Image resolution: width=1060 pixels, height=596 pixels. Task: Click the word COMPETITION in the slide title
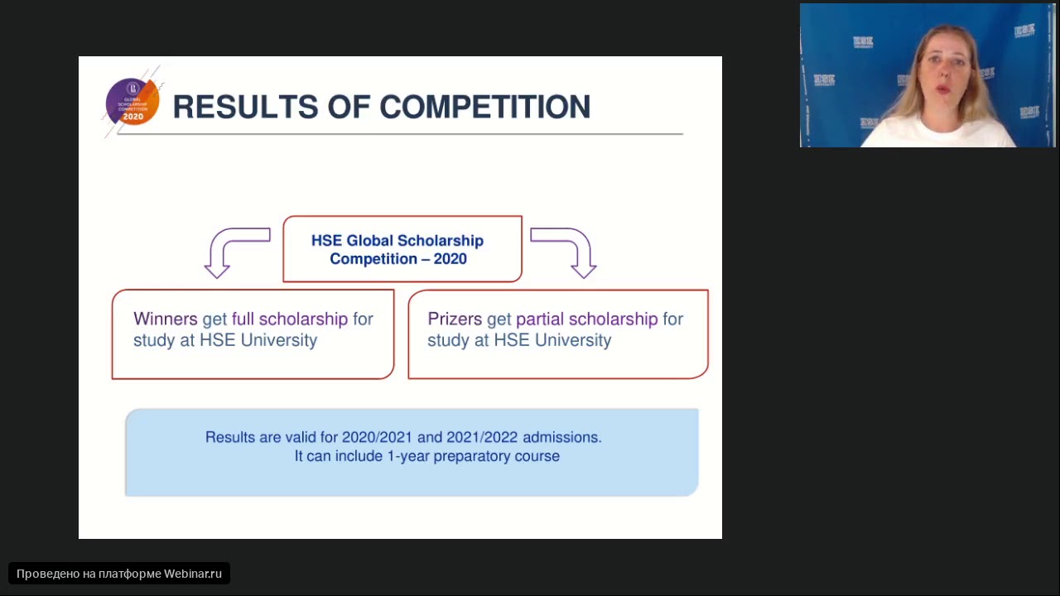(x=484, y=108)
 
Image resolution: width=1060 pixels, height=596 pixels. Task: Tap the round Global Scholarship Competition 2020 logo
(x=132, y=102)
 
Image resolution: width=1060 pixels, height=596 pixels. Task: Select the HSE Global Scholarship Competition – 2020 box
(x=402, y=249)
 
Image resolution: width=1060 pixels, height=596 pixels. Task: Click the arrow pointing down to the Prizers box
(x=567, y=252)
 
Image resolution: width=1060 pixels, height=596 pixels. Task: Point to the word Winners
(x=165, y=320)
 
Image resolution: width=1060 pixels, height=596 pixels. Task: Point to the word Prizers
(x=455, y=320)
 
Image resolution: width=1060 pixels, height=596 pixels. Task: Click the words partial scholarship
(x=586, y=320)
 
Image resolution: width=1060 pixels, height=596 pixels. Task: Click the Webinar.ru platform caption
(x=119, y=574)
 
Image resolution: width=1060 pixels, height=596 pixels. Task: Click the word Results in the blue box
(x=230, y=437)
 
